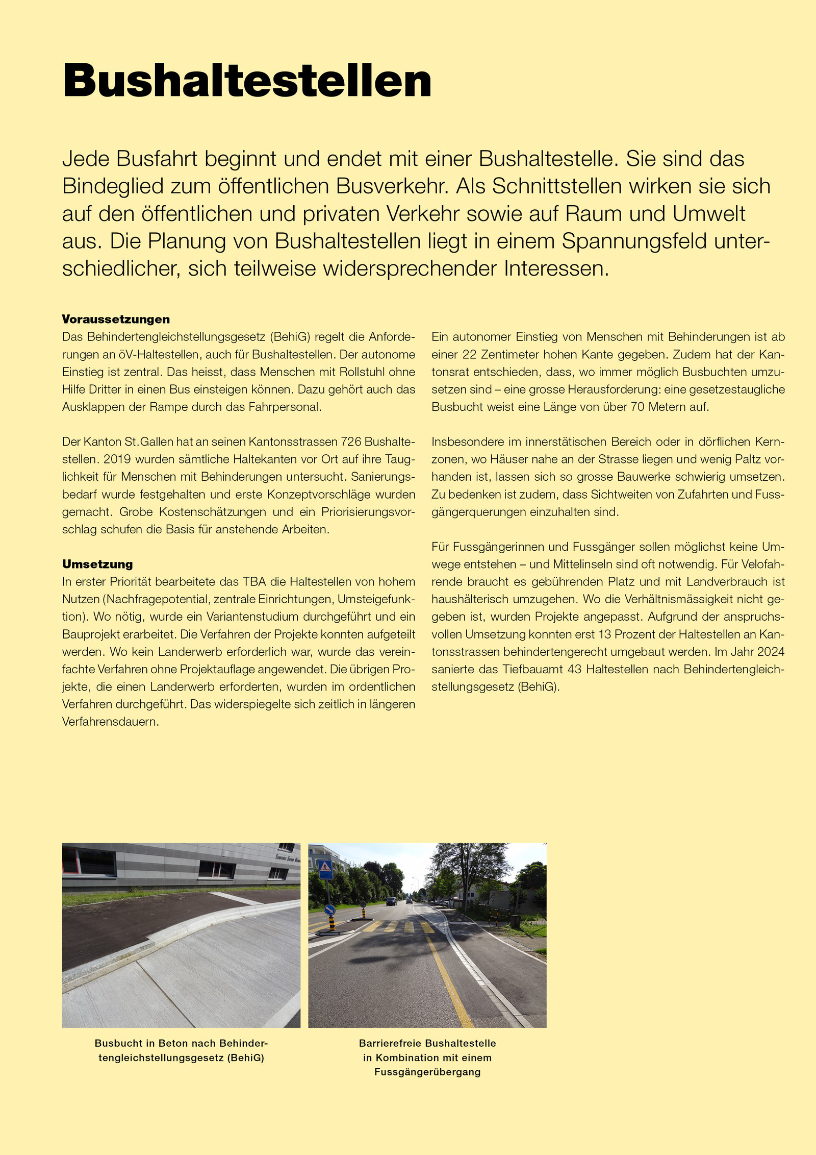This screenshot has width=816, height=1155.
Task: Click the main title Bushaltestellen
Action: point(247,81)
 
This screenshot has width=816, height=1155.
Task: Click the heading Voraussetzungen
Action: point(116,320)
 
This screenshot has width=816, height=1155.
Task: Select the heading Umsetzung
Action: point(97,564)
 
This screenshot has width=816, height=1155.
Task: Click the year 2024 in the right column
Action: point(771,652)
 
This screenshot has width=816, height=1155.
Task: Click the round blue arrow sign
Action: point(330,909)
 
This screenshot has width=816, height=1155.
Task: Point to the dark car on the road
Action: point(391,901)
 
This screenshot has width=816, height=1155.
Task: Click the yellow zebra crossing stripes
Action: point(398,927)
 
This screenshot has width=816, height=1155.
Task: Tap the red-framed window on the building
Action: point(89,861)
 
